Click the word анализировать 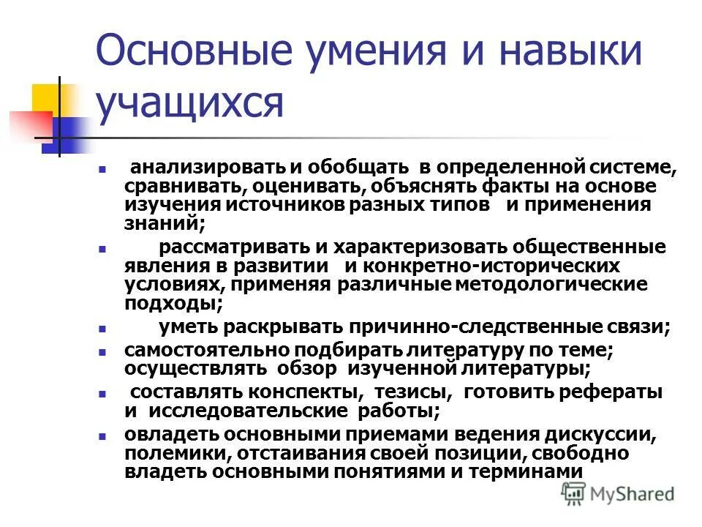[192, 168]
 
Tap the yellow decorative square [46, 99]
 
